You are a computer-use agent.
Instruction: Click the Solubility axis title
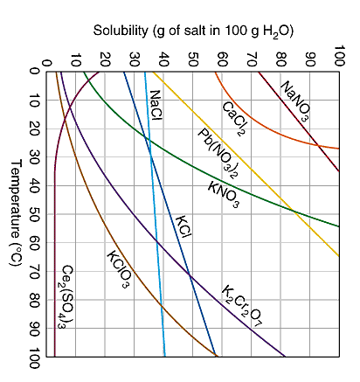pyautogui.click(x=193, y=31)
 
